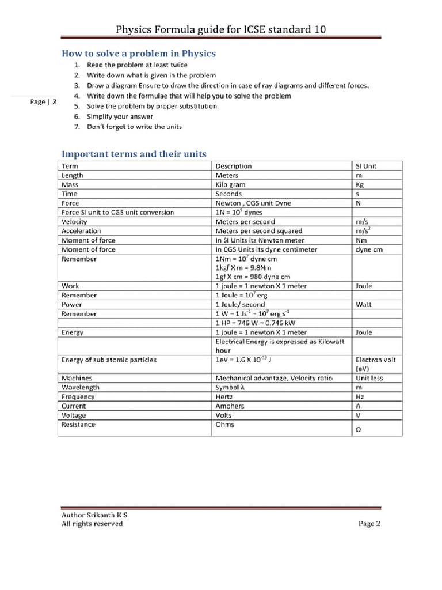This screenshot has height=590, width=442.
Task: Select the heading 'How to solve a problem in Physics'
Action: (139, 54)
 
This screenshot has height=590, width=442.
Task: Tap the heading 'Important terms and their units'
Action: (134, 154)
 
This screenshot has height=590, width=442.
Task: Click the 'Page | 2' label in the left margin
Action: (43, 102)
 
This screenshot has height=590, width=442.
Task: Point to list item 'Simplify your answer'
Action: (120, 116)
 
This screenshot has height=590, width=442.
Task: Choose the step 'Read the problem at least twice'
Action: (137, 65)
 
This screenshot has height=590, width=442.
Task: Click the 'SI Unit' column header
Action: (366, 166)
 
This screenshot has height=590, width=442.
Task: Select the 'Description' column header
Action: (233, 166)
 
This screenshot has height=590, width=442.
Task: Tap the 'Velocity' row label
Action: (74, 221)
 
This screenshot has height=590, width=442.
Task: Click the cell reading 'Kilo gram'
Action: (230, 184)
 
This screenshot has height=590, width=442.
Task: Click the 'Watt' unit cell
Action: (364, 304)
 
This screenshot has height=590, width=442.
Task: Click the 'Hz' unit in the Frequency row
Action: (360, 396)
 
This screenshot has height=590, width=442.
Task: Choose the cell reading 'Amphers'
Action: (230, 406)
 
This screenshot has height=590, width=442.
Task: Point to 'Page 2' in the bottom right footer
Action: (369, 524)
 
